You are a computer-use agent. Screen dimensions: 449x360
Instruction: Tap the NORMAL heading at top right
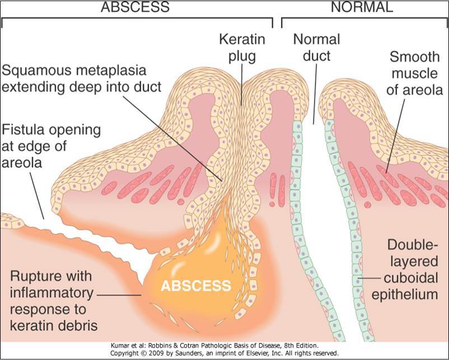pyautogui.click(x=362, y=8)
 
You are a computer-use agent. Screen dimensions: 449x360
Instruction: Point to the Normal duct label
pyautogui.click(x=312, y=48)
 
